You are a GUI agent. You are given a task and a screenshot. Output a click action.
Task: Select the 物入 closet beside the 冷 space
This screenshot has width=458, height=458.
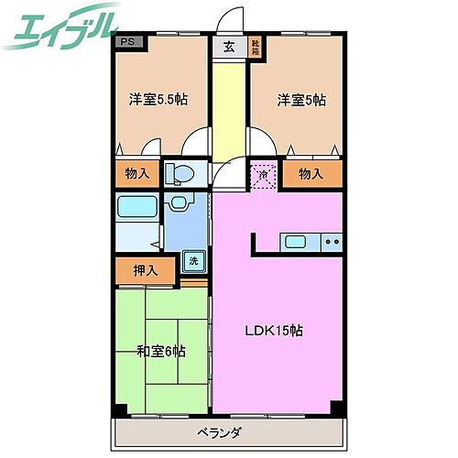[x=311, y=174]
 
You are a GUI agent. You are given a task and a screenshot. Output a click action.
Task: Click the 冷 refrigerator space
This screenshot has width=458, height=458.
[x=264, y=174]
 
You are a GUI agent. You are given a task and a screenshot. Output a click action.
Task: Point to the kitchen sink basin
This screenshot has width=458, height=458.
[x=295, y=242]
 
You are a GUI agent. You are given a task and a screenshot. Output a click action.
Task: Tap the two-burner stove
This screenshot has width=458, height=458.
[x=332, y=242]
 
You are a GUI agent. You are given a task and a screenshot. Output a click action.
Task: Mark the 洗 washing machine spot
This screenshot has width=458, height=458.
[x=193, y=260]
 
